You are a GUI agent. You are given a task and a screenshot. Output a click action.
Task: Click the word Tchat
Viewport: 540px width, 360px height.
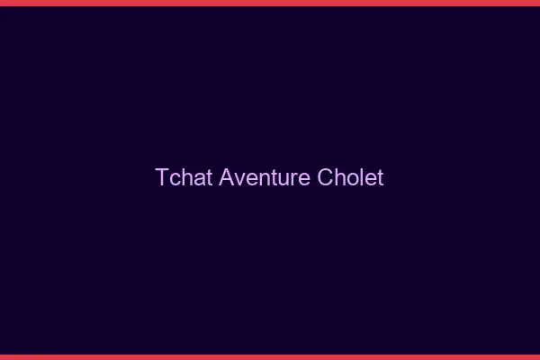[184, 177]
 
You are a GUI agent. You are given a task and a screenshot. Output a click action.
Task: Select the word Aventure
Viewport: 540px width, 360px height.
[265, 177]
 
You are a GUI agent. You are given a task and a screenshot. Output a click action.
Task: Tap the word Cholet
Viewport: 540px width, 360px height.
[350, 177]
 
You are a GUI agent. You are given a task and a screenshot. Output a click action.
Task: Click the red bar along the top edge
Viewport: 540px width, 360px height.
[270, 3]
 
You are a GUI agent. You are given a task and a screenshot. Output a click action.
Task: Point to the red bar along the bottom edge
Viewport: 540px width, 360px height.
[270, 356]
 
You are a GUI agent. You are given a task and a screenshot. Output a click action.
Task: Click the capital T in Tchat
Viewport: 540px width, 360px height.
[162, 177]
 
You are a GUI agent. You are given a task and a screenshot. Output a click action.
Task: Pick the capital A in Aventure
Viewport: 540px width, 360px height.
[226, 177]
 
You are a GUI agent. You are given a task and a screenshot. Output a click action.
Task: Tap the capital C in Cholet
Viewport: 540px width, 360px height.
[326, 177]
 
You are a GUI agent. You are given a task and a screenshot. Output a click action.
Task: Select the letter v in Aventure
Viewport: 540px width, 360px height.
[238, 178]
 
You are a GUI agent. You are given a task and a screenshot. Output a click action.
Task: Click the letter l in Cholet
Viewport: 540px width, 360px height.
[362, 177]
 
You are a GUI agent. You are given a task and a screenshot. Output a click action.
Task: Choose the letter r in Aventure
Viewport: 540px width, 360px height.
[295, 178]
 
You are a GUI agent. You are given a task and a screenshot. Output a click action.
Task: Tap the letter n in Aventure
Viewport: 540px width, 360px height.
[262, 178]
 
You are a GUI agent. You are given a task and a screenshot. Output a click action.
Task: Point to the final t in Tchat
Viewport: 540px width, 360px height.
[210, 177]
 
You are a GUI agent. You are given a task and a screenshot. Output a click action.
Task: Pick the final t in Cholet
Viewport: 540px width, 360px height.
[380, 177]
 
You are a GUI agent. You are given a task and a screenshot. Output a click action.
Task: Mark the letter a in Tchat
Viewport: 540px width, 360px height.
[199, 178]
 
